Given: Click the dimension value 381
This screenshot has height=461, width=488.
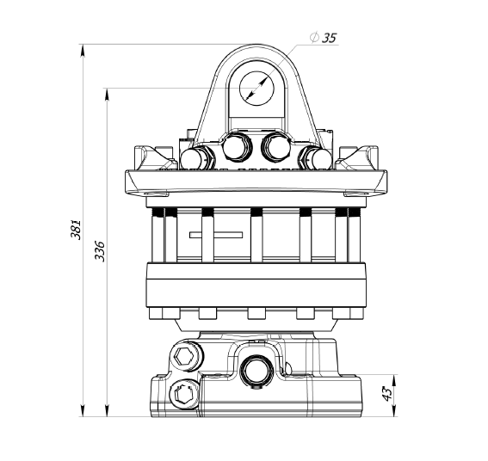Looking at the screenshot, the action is tap(76, 230).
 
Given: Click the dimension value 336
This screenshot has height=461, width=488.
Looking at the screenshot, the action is tap(100, 251).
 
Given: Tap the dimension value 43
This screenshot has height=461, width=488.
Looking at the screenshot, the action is tap(387, 394).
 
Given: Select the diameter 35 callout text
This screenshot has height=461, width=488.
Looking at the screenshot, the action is tap(324, 38).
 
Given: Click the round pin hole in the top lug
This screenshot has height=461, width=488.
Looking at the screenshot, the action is tap(256, 89).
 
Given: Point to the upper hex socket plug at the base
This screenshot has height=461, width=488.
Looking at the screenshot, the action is tap(187, 355).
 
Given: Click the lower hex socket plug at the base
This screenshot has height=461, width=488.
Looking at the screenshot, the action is tap(184, 395).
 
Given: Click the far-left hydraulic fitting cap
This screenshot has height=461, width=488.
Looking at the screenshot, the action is tap(194, 158).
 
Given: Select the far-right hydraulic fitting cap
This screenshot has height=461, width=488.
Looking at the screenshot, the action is tap(319, 158).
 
